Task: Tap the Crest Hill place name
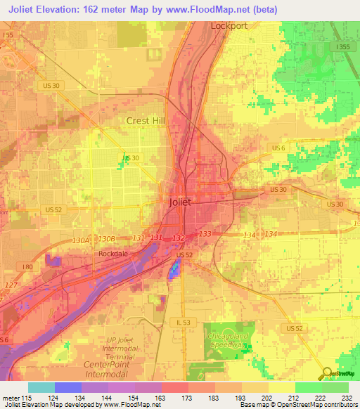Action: point(145,120)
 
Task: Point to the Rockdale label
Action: point(114,253)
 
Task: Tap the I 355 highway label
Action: point(342,47)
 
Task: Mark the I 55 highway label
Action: point(7,34)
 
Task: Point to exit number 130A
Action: point(81,240)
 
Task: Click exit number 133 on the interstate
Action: point(205,233)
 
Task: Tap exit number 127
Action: point(11,285)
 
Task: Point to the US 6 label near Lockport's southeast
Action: point(278,148)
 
